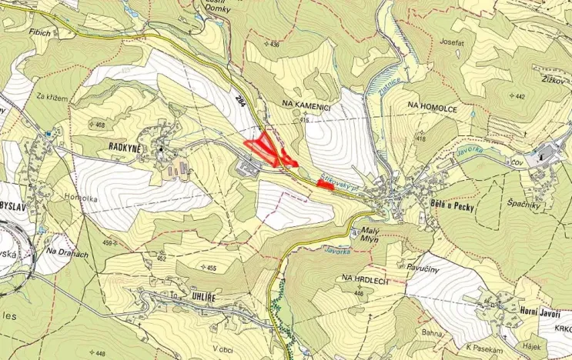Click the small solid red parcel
click(326, 185)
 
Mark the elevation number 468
click(99, 124)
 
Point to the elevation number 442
click(520, 96)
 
